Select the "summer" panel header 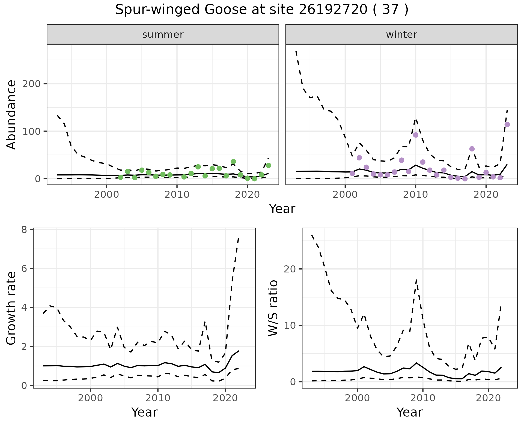tap(163, 35)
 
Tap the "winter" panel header tap(401, 35)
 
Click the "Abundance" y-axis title tap(11, 115)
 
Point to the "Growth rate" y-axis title tap(11, 308)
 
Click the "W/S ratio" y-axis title tap(273, 308)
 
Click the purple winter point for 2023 tap(507, 125)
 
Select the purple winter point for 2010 tap(416, 135)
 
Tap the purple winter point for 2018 tap(472, 149)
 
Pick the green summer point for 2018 tap(233, 162)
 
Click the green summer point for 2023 tap(268, 165)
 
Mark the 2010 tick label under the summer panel tap(177, 195)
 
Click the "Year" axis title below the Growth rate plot tap(144, 412)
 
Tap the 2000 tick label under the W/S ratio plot tap(357, 398)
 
